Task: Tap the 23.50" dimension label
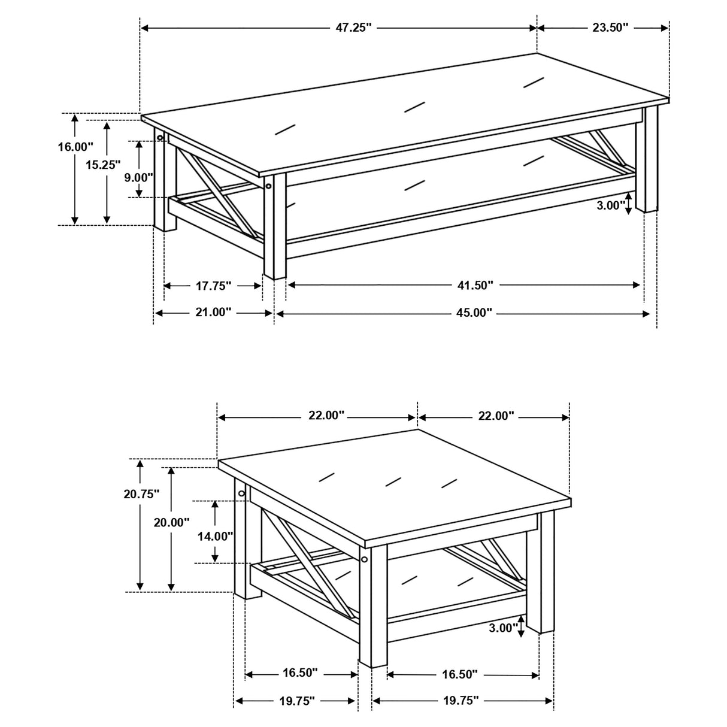point(608,27)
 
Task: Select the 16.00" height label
point(75,147)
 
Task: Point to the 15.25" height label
point(103,165)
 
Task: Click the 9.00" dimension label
point(138,178)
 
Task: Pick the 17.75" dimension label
point(213,286)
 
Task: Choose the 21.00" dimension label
point(213,313)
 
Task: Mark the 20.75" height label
point(141,494)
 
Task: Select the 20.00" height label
point(171,522)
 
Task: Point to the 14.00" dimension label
point(215,537)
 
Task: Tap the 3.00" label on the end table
point(503,628)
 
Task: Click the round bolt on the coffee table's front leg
point(269,186)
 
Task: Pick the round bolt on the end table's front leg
point(364,559)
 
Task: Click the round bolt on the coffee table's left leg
point(160,138)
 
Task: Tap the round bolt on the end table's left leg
point(242,493)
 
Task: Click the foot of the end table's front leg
point(372,662)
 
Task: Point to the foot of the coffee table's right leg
point(650,207)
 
